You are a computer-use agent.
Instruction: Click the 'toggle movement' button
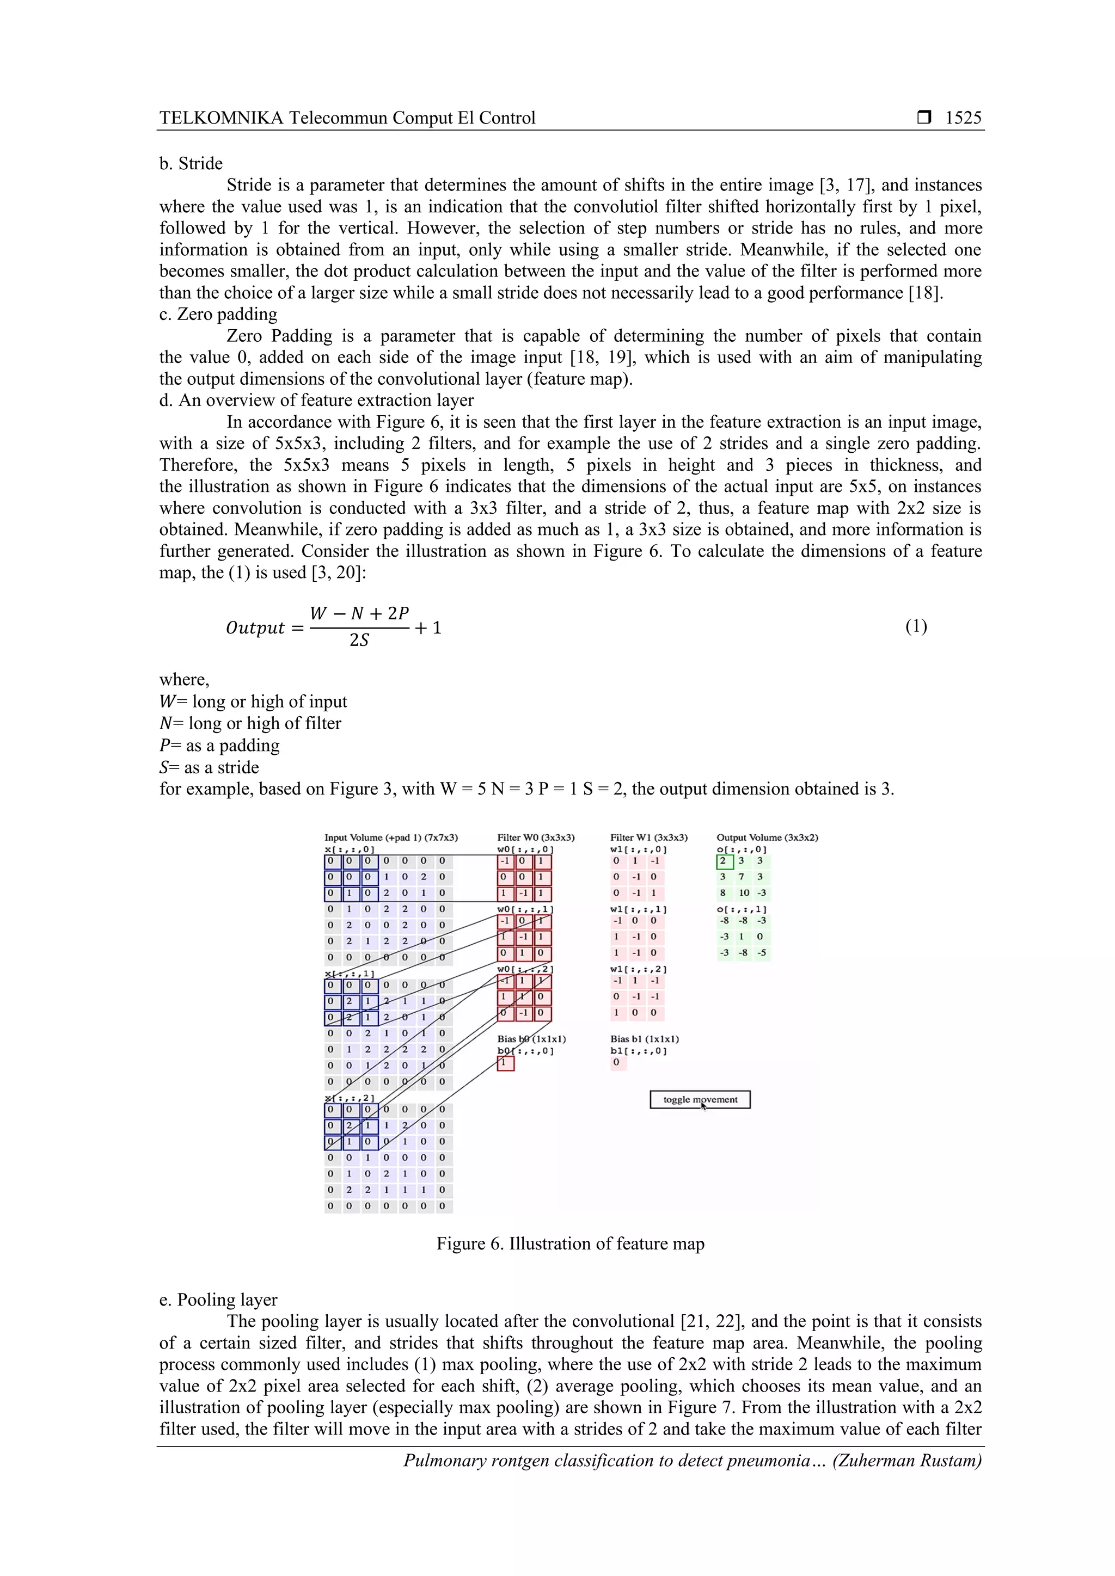click(x=700, y=1100)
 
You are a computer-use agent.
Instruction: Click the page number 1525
click(x=963, y=118)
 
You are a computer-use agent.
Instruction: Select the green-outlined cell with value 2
click(x=724, y=861)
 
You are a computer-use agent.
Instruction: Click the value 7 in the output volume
click(x=742, y=877)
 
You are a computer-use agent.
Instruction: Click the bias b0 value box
click(x=505, y=1063)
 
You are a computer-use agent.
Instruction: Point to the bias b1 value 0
click(x=616, y=1063)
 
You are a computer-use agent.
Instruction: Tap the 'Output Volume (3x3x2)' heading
click(x=767, y=838)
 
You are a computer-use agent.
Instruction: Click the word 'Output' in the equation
click(x=255, y=628)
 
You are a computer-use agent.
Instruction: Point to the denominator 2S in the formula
click(x=359, y=641)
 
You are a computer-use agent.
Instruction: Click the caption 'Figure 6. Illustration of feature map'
click(x=570, y=1244)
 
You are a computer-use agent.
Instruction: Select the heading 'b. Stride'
click(x=191, y=163)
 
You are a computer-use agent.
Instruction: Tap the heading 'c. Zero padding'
click(x=218, y=315)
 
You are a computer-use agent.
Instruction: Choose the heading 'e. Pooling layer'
click(x=218, y=1300)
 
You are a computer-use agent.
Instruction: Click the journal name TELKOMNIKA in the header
click(x=220, y=118)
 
